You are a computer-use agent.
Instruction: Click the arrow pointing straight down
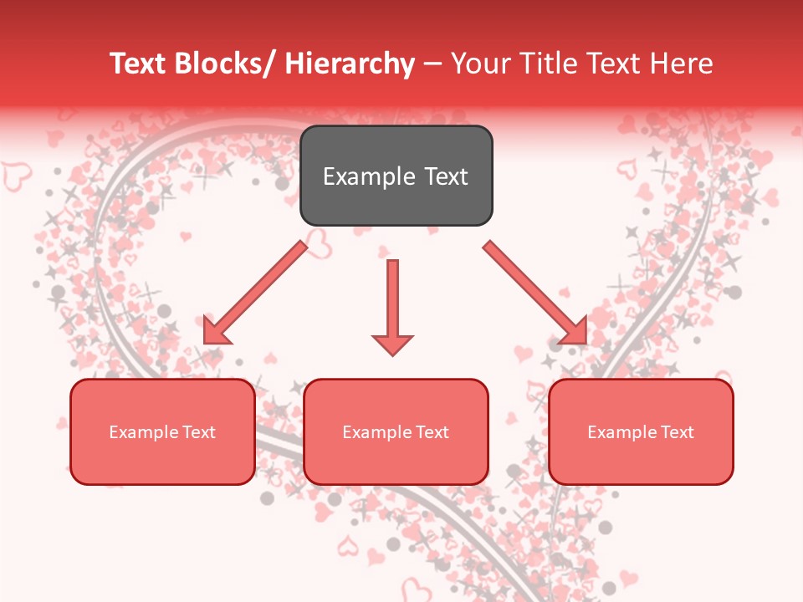pos(392,306)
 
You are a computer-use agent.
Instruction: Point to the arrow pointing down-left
pos(255,293)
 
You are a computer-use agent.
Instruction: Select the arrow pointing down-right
pos(535,293)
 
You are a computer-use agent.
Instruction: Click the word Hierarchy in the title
pos(350,64)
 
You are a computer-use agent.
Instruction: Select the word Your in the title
pos(479,64)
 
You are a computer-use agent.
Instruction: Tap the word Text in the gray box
pos(445,177)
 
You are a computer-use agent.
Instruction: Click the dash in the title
pos(432,64)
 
